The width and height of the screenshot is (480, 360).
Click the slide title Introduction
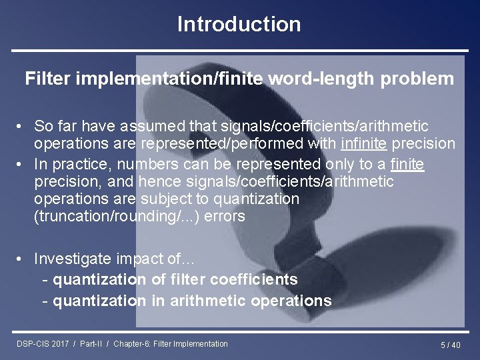(239, 25)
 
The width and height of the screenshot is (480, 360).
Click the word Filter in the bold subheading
(48, 79)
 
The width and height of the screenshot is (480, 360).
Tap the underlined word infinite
(364, 144)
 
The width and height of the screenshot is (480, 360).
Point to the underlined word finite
(407, 164)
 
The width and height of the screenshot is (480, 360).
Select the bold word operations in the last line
(291, 301)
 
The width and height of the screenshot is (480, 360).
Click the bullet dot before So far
(21, 126)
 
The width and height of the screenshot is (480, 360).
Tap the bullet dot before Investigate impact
(21, 258)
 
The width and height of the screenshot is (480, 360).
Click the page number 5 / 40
(450, 345)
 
